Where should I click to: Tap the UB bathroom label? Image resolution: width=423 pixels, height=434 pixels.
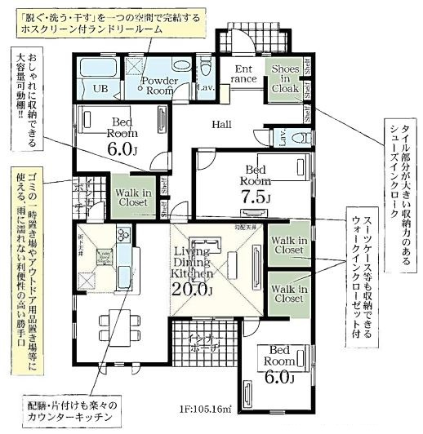[x=100, y=88]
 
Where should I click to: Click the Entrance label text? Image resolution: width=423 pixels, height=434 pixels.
[x=245, y=74]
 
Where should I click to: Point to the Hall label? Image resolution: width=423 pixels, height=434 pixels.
[x=221, y=124]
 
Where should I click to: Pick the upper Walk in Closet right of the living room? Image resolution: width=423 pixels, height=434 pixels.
[x=289, y=245]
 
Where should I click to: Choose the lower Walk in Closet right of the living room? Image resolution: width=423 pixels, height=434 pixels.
[x=289, y=294]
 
